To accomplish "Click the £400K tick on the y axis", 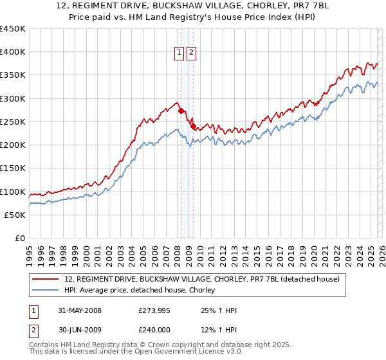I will (x=13, y=52).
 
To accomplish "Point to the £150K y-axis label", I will (x=13, y=168).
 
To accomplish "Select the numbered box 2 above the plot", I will (x=192, y=53).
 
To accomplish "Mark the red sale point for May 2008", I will (x=181, y=111).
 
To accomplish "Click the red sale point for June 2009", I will (x=193, y=127).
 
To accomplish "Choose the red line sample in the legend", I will (x=46, y=279).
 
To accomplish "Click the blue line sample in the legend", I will (x=46, y=291).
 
